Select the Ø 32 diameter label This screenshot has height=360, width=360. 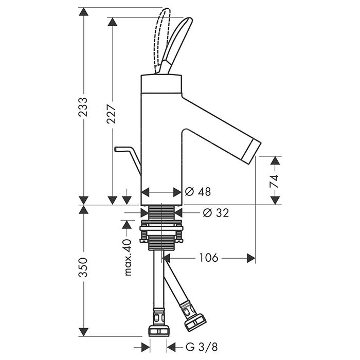215,212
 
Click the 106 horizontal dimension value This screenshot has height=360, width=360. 208,258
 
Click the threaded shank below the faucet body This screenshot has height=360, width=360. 161,212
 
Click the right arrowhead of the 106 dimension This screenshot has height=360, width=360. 251,258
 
